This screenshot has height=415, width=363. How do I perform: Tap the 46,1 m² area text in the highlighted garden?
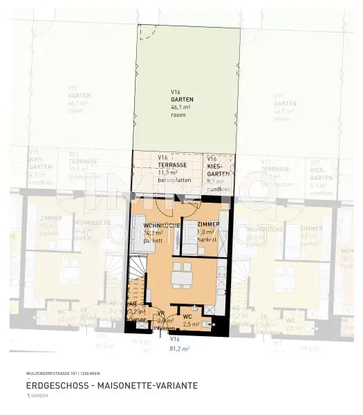coord(182,107)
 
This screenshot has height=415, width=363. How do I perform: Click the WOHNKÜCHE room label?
coord(162,226)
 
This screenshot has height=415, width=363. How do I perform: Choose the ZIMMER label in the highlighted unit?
coord(208,225)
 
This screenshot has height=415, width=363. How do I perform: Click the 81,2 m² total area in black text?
coord(179,349)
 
